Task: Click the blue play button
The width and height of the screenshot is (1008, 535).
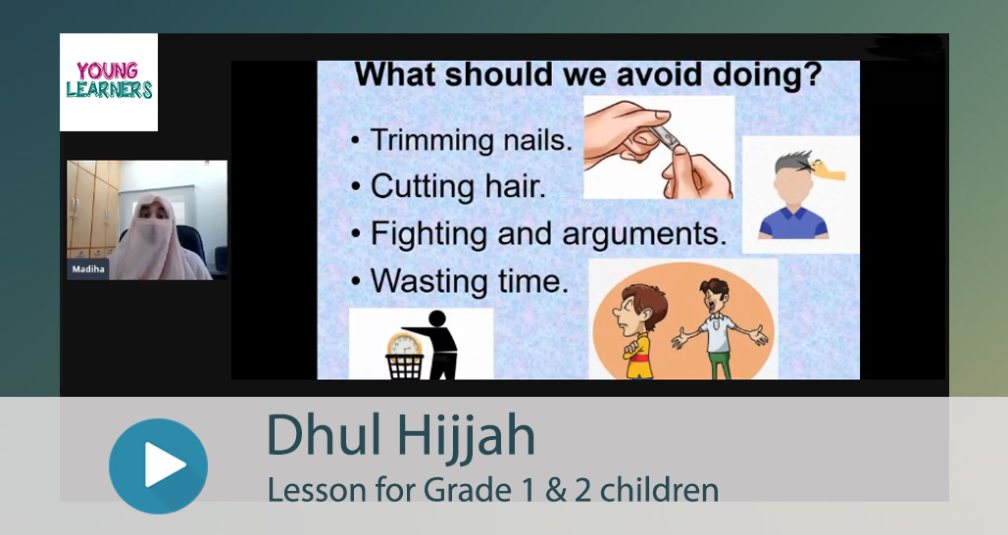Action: (x=158, y=465)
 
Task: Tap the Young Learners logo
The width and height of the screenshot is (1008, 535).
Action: (x=109, y=82)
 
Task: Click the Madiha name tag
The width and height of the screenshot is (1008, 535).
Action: (x=88, y=269)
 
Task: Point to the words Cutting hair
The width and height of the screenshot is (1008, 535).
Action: (x=458, y=186)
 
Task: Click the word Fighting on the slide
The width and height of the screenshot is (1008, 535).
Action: (x=428, y=234)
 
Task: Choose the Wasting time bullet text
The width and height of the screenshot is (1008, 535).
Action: (x=470, y=280)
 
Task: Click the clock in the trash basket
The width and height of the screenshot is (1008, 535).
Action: (x=404, y=346)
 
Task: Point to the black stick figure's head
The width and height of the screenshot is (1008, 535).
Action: (x=437, y=319)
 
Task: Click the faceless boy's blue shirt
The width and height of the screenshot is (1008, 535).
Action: (x=793, y=222)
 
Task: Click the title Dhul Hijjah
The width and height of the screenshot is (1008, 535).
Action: (x=400, y=435)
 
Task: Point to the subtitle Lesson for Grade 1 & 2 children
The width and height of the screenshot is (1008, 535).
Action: (x=492, y=489)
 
